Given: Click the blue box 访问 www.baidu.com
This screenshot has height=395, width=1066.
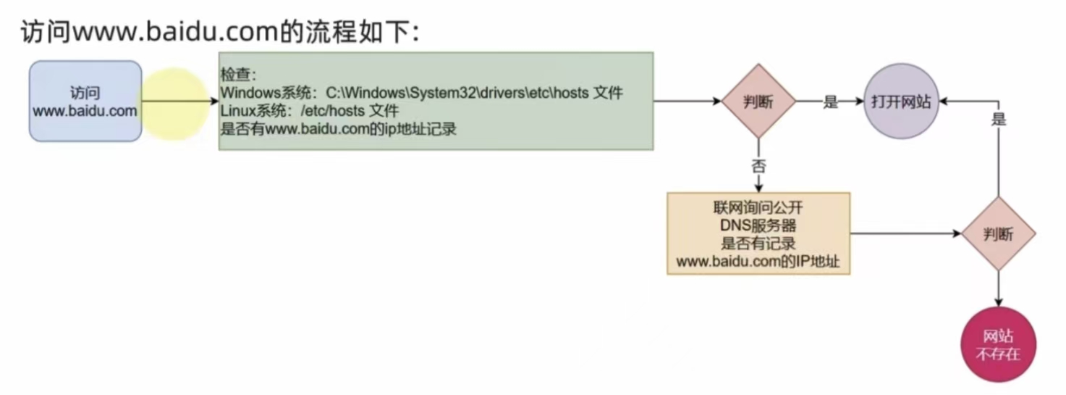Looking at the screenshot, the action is (x=85, y=101).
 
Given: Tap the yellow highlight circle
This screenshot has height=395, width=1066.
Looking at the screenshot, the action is (x=174, y=103).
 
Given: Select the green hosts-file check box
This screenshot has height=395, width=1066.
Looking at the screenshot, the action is (x=436, y=101).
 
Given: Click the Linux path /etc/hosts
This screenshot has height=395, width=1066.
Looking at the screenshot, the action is (x=334, y=112).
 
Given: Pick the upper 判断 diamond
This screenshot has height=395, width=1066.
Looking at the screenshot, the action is (x=758, y=101).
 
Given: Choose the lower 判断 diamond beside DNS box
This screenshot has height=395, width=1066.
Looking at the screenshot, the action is (x=999, y=233).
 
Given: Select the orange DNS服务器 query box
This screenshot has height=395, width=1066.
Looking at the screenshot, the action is (x=758, y=233).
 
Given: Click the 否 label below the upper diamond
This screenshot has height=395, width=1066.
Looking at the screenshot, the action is (x=758, y=165).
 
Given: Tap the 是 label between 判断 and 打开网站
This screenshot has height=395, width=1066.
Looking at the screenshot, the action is (x=830, y=102).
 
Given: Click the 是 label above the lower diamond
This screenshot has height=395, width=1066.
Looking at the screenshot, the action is (x=999, y=119).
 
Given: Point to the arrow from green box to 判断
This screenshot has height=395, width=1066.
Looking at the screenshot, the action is (x=688, y=101).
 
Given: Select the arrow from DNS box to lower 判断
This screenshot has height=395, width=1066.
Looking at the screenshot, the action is (x=905, y=233).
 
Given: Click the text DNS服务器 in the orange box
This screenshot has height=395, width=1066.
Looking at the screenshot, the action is (x=758, y=226).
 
